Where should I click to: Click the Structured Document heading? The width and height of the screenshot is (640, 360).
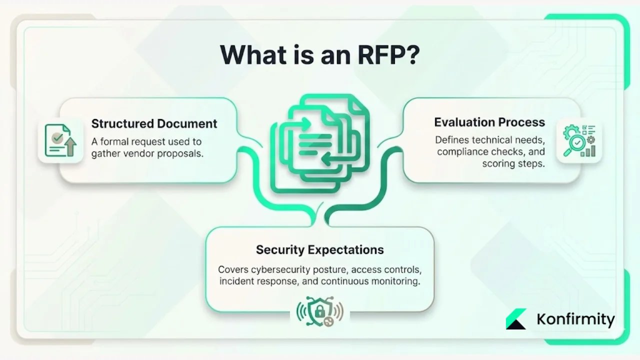pos(154,123)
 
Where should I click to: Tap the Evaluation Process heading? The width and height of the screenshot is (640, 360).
pos(489,122)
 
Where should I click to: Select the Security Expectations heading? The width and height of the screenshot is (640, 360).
pos(320,249)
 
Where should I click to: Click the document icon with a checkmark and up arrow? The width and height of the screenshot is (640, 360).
pos(60,140)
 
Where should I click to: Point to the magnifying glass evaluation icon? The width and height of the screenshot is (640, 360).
pos(579,141)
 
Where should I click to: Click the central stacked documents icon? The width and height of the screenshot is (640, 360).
pos(320,145)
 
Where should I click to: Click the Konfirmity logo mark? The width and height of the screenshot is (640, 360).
pos(516,319)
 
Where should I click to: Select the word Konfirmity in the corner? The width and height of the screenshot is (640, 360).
pos(575,319)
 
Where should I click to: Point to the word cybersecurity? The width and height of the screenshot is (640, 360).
pos(280,269)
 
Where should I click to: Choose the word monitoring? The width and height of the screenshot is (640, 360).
pos(394,281)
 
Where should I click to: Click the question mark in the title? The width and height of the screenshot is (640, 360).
pos(410,55)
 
